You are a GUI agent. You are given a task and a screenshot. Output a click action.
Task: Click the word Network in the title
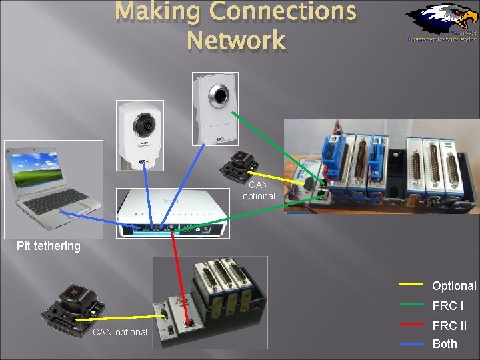236,41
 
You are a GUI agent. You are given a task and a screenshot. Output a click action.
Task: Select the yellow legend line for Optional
411,285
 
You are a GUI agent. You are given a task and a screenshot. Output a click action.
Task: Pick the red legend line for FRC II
411,325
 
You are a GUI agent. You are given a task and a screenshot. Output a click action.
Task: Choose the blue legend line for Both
411,344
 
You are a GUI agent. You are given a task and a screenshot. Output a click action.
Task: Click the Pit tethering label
49,246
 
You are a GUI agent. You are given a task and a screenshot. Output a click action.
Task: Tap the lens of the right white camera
218,95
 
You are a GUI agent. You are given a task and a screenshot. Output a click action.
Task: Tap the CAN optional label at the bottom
120,332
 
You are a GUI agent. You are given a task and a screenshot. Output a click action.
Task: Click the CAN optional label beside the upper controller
258,191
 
